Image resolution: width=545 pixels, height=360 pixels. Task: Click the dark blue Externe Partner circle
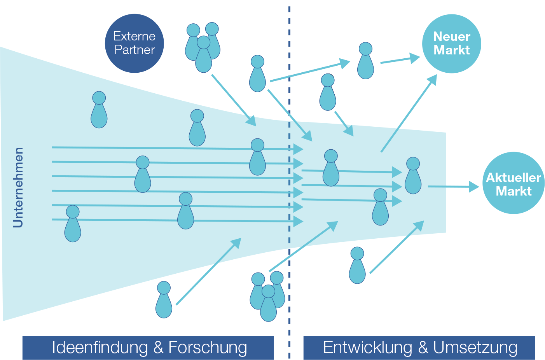(134, 43)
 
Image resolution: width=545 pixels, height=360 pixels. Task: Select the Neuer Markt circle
(451, 44)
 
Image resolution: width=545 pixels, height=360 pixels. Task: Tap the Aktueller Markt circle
(513, 183)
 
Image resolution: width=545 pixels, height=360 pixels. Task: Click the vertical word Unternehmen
(18, 187)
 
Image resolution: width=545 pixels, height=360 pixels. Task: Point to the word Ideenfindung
(100, 348)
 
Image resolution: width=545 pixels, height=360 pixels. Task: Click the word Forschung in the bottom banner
(208, 348)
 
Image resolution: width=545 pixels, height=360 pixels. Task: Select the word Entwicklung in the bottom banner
(367, 348)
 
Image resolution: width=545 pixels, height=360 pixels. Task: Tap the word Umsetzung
(475, 348)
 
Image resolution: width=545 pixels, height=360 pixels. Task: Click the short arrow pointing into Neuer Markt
(400, 59)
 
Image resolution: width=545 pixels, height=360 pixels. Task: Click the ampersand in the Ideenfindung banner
(158, 348)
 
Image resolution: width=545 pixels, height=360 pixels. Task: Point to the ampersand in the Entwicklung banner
(423, 348)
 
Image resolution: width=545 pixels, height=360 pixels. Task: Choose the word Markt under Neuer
(451, 50)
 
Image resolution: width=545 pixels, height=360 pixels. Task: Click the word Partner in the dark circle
(135, 50)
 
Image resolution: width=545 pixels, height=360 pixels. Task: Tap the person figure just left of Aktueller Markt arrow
(413, 176)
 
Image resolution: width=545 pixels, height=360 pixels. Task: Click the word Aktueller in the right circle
(513, 178)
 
